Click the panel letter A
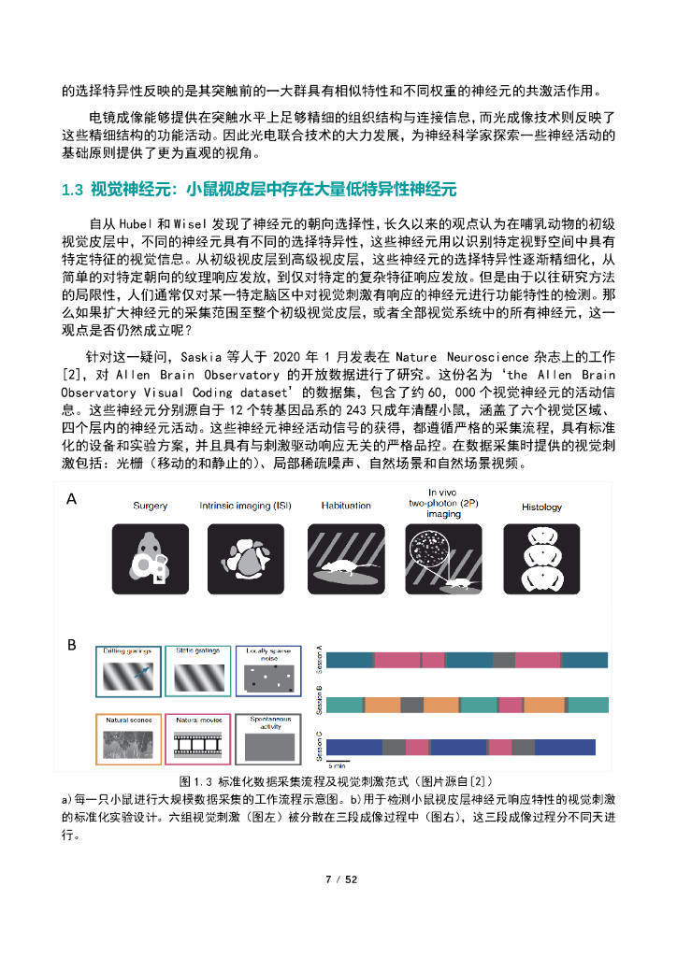click(x=71, y=500)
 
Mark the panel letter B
click(x=71, y=645)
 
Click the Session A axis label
click(x=321, y=660)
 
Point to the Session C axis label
click(x=321, y=746)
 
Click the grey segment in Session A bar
click(x=504, y=660)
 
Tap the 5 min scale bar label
click(x=336, y=764)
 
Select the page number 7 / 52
click(x=338, y=879)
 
